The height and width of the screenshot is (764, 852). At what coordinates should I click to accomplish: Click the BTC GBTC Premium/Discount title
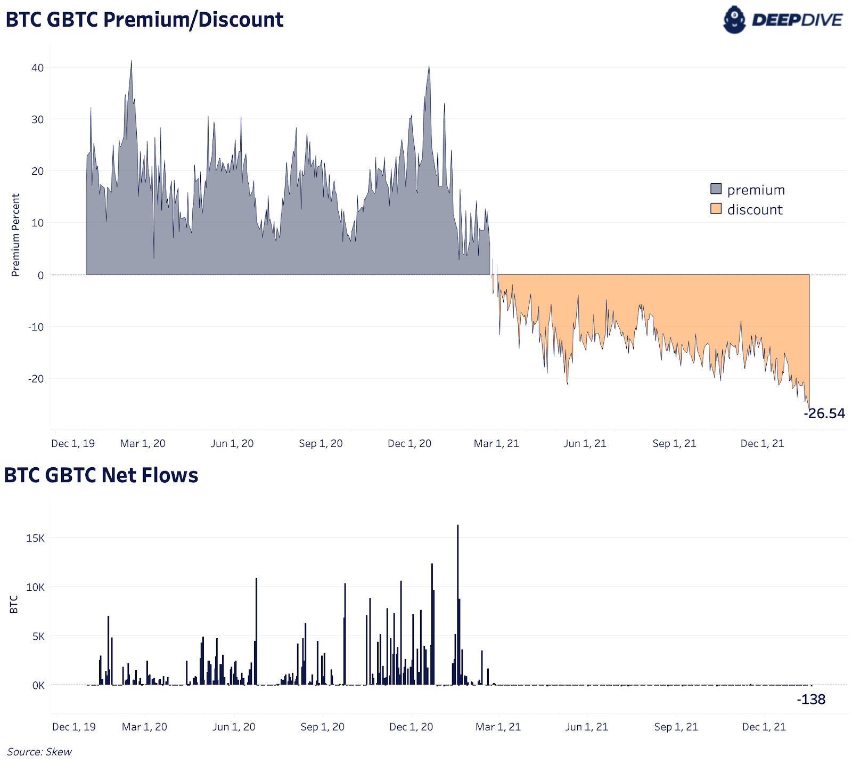point(144,20)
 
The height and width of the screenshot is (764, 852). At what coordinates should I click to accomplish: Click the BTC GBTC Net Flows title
point(101,475)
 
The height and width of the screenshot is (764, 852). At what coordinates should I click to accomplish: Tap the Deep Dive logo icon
point(734,20)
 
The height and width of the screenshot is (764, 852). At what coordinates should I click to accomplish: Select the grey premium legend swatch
point(716,189)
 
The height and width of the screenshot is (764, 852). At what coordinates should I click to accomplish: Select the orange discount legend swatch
point(716,209)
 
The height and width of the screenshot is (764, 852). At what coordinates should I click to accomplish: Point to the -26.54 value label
point(824,413)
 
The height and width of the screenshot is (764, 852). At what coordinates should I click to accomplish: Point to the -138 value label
point(810,700)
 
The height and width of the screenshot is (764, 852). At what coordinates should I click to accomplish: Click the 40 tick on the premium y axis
point(37,68)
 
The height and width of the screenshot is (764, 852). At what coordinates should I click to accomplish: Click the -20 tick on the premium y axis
point(36,379)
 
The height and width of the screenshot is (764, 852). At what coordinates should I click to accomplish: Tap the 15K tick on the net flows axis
point(36,538)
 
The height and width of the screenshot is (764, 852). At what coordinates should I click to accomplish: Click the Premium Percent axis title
point(15,235)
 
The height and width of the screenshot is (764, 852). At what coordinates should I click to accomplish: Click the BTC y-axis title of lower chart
point(14,605)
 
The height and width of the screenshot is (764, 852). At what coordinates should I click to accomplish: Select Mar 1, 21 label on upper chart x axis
point(496,443)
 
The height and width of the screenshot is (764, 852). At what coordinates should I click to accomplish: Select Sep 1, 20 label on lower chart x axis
point(322,727)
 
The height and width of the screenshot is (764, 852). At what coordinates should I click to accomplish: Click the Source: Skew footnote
point(39,752)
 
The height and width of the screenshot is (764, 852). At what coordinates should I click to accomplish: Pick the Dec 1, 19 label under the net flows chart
point(74,727)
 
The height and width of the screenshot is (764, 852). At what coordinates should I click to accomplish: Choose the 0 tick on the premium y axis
point(40,275)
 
